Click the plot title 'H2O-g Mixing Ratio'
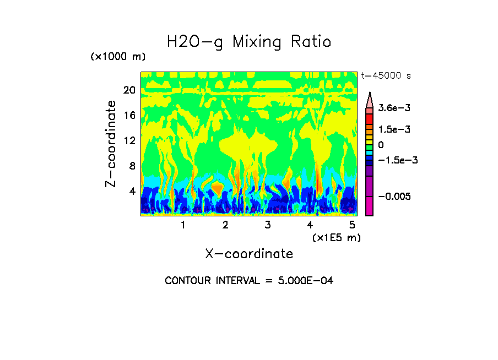pyautogui.click(x=249, y=42)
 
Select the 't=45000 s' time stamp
pyautogui.click(x=386, y=75)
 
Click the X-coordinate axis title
pyautogui.click(x=249, y=254)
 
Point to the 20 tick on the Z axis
pyautogui.click(x=128, y=90)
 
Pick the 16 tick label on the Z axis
pyautogui.click(x=128, y=116)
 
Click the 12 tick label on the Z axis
pyautogui.click(x=128, y=141)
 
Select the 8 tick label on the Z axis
pyautogui.click(x=132, y=166)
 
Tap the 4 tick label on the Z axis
pyautogui.click(x=132, y=192)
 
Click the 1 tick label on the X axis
pyautogui.click(x=183, y=225)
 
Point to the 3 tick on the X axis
pyautogui.click(x=268, y=225)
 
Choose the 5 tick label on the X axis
pyautogui.click(x=353, y=225)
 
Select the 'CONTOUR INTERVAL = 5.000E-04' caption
pyautogui.click(x=249, y=281)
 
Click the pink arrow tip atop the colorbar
pyautogui.click(x=370, y=99)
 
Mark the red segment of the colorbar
pyautogui.click(x=370, y=118)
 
